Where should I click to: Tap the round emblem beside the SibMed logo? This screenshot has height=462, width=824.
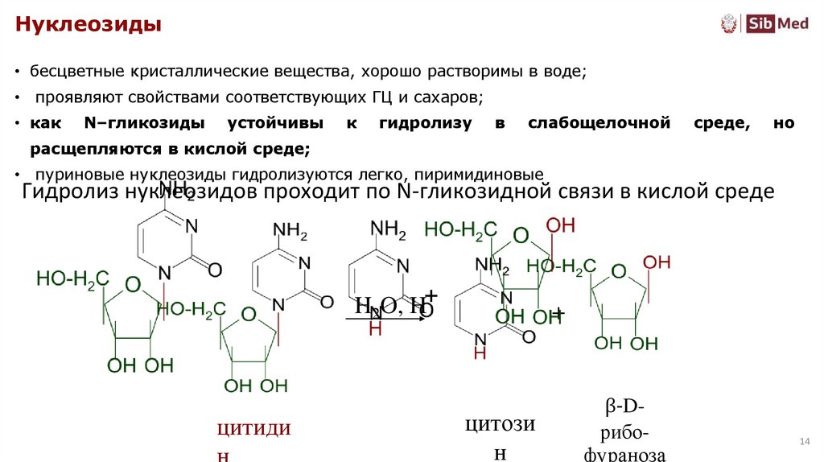pyautogui.click(x=730, y=23)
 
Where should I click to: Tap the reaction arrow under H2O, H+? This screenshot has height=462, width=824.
pyautogui.click(x=385, y=320)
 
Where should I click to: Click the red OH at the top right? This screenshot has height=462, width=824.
pyautogui.click(x=657, y=262)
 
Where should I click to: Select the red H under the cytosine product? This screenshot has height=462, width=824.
pyautogui.click(x=480, y=353)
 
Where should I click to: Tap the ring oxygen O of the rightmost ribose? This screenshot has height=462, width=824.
pyautogui.click(x=618, y=272)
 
